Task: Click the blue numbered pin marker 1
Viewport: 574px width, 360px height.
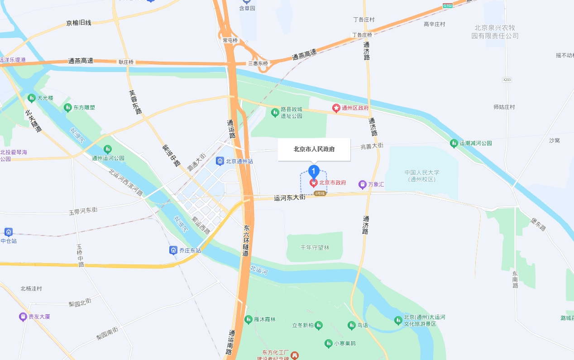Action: tap(314, 171)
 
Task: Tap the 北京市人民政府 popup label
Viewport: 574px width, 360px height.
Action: tap(314, 149)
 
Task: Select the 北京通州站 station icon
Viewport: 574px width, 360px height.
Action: tap(220, 161)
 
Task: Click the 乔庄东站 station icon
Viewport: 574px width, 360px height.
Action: tap(173, 250)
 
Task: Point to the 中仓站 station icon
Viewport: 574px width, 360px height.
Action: tap(8, 232)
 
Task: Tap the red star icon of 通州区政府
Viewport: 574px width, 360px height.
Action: tap(336, 108)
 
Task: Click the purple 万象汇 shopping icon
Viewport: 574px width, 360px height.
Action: tap(362, 184)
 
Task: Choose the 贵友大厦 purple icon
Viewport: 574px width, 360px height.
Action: tap(23, 317)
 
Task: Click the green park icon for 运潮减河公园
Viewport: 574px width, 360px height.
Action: tap(454, 143)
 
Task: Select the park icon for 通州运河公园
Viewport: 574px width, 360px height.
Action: tap(108, 149)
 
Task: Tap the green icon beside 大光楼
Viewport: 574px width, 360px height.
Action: tap(31, 98)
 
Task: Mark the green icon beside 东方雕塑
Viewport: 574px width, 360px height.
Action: tap(68, 107)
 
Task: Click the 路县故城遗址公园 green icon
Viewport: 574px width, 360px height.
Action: tap(275, 112)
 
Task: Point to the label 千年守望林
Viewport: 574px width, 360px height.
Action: tap(315, 248)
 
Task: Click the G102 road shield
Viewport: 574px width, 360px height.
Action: tap(448, 5)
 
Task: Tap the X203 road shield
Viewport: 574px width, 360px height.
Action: tap(507, 80)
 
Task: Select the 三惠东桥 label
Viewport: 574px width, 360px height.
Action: tap(258, 63)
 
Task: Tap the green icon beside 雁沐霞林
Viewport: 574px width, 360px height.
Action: tap(248, 319)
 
